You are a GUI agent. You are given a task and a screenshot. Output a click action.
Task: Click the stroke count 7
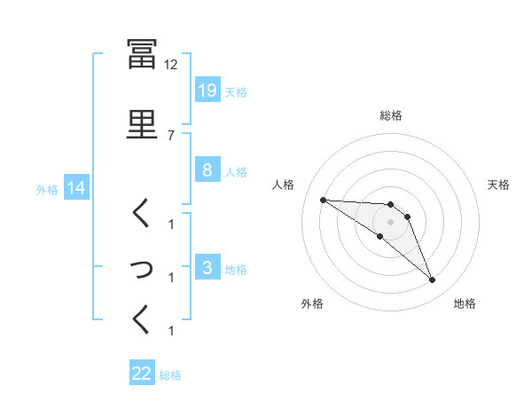point(172,135)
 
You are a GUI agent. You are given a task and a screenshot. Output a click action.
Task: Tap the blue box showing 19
point(207,91)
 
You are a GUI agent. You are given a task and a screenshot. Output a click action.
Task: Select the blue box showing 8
point(207,171)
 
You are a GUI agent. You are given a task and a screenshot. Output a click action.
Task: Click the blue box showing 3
point(207,269)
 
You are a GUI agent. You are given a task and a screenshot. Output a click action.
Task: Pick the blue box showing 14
point(74,188)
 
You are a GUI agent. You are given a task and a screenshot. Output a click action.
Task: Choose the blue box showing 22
point(142,374)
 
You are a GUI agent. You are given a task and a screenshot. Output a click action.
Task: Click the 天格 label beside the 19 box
point(236,92)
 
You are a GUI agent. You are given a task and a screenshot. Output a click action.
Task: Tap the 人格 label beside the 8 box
point(236,172)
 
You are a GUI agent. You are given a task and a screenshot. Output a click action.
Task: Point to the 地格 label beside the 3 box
point(236,270)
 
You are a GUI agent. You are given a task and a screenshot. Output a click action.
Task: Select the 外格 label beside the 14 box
point(47,189)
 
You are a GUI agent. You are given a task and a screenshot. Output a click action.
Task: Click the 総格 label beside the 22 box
point(171,375)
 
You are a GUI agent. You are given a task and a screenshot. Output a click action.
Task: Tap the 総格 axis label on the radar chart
point(391,115)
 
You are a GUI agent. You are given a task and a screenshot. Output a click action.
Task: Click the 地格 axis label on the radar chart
point(465,303)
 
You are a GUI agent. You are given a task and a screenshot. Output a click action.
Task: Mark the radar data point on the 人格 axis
point(323,200)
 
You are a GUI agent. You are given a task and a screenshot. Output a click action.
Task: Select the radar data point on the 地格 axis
point(432,280)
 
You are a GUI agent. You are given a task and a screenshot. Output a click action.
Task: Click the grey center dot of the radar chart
point(390,222)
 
